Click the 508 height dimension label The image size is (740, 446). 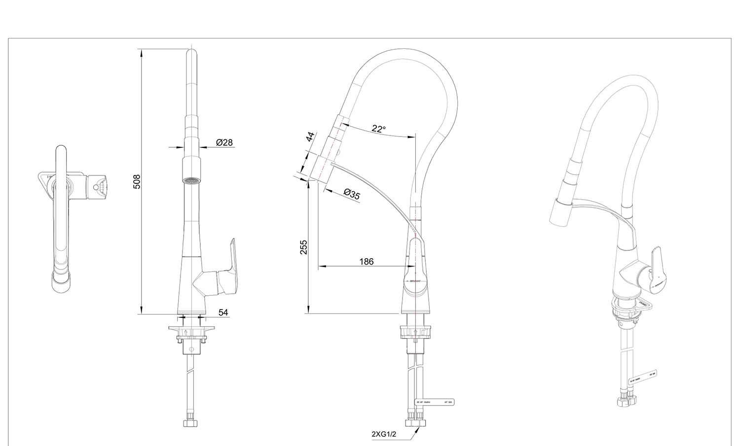click(137, 181)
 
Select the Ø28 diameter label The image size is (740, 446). click(224, 143)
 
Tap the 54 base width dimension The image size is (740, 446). click(223, 312)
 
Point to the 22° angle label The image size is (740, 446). click(378, 129)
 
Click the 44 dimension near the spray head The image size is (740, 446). click(310, 137)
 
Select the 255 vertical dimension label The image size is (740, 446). click(303, 247)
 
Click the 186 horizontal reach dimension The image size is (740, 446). click(366, 262)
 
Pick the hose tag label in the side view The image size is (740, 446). click(434, 402)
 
